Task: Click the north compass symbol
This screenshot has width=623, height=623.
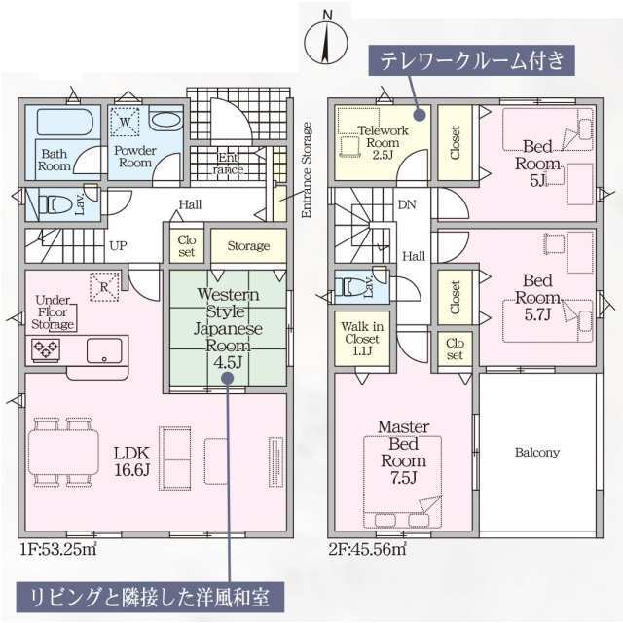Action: pyautogui.click(x=326, y=39)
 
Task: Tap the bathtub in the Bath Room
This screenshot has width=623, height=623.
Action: pyautogui.click(x=65, y=122)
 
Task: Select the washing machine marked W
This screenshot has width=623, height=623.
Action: pyautogui.click(x=125, y=122)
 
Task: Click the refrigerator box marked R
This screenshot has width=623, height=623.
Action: pyautogui.click(x=104, y=286)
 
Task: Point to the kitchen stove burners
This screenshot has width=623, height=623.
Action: pyautogui.click(x=46, y=349)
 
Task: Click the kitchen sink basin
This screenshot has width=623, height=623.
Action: pyautogui.click(x=104, y=350)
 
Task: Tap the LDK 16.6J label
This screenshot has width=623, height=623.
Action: pyautogui.click(x=132, y=461)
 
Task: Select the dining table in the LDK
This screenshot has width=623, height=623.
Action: pyautogui.click(x=63, y=452)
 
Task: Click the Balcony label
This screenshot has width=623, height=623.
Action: pyautogui.click(x=537, y=452)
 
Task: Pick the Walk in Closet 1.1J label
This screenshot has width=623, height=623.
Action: pyautogui.click(x=362, y=339)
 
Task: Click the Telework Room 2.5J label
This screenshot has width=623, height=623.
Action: pyautogui.click(x=383, y=143)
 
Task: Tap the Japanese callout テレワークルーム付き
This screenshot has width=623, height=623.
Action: pyautogui.click(x=471, y=60)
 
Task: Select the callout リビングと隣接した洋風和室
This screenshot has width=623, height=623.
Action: pyautogui.click(x=150, y=597)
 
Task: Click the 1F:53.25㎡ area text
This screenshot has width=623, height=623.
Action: pyautogui.click(x=58, y=549)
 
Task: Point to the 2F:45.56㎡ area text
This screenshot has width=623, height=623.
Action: pyautogui.click(x=368, y=549)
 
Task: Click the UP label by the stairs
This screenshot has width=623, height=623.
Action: pyautogui.click(x=118, y=246)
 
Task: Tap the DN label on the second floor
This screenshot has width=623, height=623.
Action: pyautogui.click(x=407, y=204)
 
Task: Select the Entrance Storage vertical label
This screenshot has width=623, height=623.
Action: pyautogui.click(x=307, y=169)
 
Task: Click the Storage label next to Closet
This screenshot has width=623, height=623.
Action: pyautogui.click(x=248, y=246)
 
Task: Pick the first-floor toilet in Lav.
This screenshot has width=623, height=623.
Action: pyautogui.click(x=54, y=204)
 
